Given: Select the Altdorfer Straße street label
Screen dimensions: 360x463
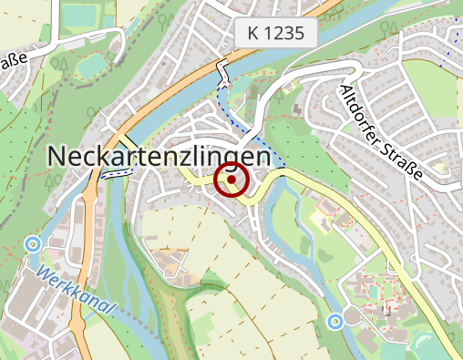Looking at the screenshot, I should pos(382,132).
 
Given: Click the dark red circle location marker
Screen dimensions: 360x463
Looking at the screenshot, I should pos(231,180).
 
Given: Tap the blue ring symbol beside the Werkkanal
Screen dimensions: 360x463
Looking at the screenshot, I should pos(34,243).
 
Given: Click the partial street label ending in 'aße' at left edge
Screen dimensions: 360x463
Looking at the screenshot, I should pos(13,68).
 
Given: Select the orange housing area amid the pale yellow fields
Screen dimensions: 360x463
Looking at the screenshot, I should pos(169,265).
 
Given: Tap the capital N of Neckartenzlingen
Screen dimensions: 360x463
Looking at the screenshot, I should pos(56,157).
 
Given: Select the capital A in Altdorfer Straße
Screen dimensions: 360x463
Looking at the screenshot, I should pos(345,91).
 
